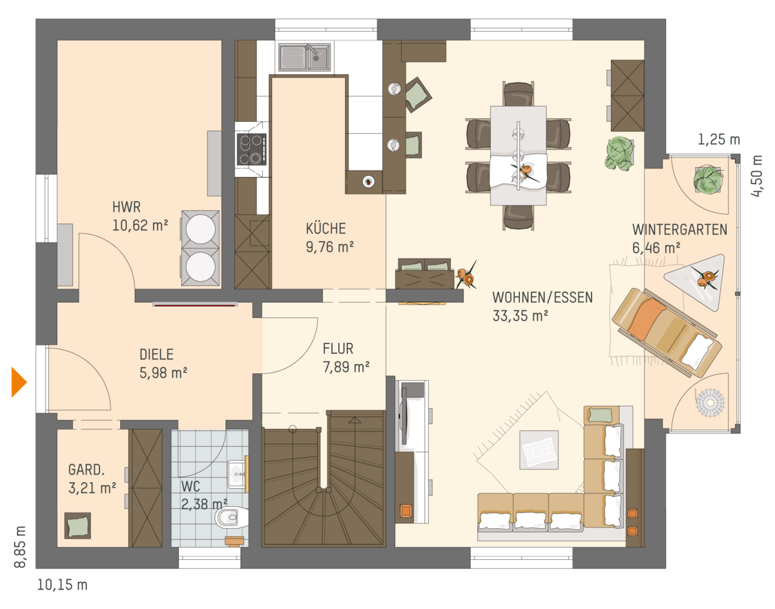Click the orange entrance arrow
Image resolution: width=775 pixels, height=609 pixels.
click(19, 382)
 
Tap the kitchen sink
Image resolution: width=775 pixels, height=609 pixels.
click(305, 57)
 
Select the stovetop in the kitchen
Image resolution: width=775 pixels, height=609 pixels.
click(251, 149)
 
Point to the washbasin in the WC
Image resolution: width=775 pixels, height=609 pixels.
click(236, 474)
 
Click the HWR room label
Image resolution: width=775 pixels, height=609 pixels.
click(127, 207)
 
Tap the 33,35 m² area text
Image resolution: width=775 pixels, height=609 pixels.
click(520, 316)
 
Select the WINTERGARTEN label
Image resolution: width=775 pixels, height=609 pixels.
click(680, 230)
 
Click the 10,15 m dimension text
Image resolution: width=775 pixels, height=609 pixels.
click(62, 584)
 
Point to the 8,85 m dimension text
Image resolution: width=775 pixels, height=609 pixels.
click(20, 546)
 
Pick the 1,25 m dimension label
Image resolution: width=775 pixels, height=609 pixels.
click(719, 139)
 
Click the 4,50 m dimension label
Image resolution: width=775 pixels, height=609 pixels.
click(757, 176)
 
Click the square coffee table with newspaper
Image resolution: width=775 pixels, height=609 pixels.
click(539, 449)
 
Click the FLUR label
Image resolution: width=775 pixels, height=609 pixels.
click(338, 348)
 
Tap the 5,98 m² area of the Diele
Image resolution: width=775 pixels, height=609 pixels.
click(163, 373)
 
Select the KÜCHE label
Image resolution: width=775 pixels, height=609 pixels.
click(325, 229)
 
